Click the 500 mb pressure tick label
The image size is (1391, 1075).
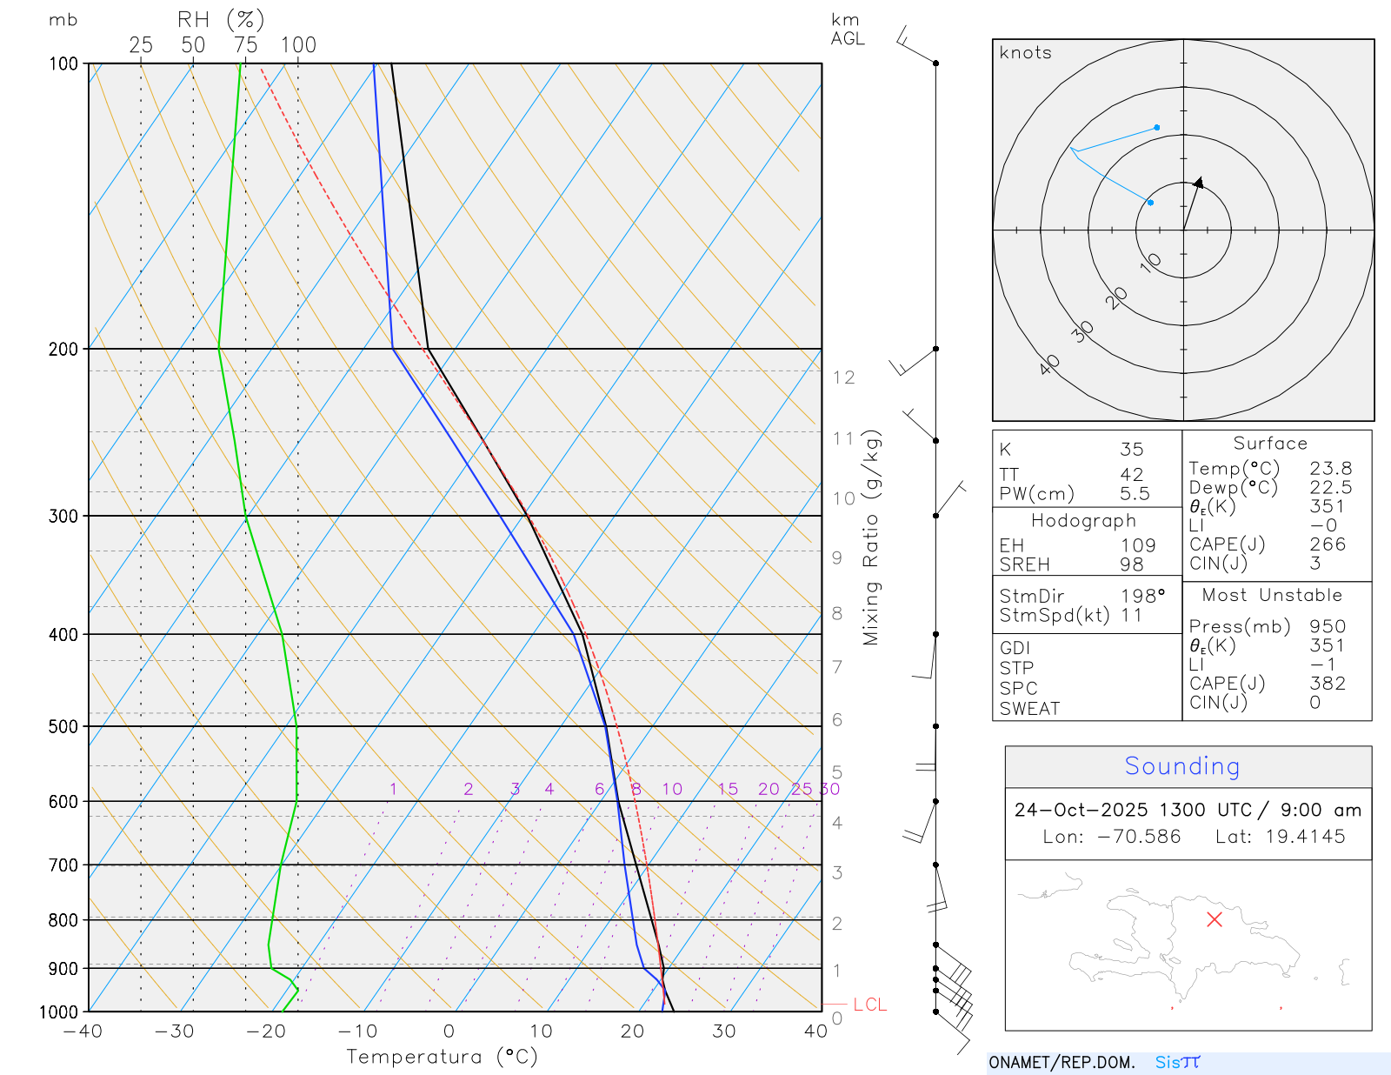tap(63, 726)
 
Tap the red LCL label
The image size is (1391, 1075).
tap(869, 1005)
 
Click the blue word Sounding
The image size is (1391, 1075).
tap(1181, 766)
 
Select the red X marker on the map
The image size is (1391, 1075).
tap(1215, 919)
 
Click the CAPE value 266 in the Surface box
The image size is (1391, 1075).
tap(1328, 544)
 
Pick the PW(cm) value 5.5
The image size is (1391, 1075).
tap(1135, 494)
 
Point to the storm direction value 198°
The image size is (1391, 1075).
tap(1142, 597)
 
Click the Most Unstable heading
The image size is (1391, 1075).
tap(1272, 596)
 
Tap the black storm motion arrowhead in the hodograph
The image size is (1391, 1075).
tap(1199, 183)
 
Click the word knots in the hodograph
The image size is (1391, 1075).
tap(1026, 53)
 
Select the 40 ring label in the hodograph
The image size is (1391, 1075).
tap(1049, 364)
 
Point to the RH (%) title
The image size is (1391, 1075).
tap(221, 19)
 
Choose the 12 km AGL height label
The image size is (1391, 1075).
tap(843, 377)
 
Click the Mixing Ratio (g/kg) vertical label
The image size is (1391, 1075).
tap(871, 537)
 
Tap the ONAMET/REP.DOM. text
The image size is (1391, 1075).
tap(1062, 1063)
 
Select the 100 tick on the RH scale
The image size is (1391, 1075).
tap(298, 45)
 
